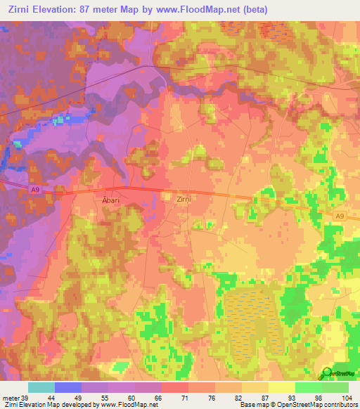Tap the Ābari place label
[x=110, y=199]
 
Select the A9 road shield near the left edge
[x=34, y=188]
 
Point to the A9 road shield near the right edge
[x=340, y=216]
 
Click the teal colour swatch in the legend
[x=41, y=387]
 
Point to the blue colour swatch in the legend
[x=67, y=387]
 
